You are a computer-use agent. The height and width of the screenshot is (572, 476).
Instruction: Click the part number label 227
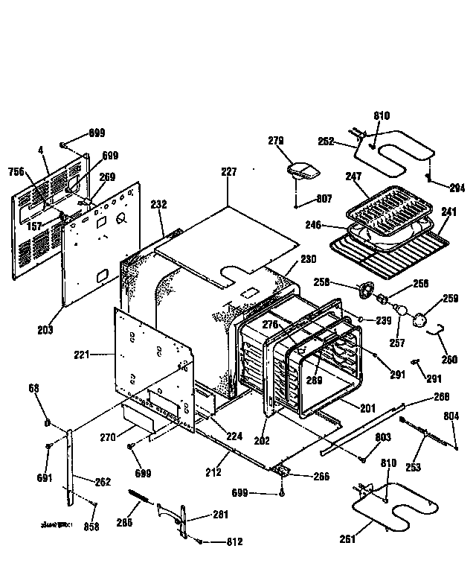pos(228,172)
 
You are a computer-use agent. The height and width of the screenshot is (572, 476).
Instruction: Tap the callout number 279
pos(277,141)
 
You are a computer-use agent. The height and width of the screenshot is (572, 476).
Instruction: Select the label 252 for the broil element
pos(326,141)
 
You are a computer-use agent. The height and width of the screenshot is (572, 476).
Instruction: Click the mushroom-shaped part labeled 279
pos(303,171)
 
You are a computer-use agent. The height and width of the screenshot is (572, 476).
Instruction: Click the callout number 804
pos(451,416)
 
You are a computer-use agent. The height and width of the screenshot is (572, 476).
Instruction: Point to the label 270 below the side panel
pos(108,437)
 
